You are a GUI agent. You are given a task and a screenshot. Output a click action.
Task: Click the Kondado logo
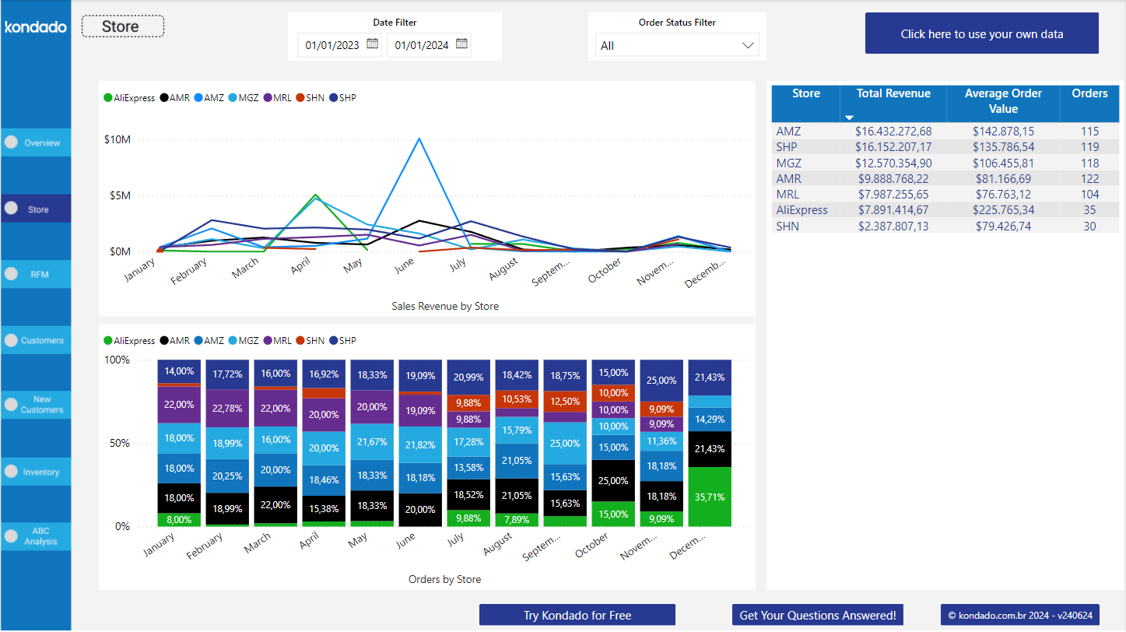36,27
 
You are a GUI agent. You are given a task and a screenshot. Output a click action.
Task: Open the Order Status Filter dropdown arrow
748,46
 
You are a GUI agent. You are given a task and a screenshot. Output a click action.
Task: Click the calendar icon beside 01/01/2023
373,44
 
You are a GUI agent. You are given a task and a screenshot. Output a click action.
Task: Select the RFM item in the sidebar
37,274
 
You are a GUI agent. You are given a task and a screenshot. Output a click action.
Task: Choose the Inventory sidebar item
37,472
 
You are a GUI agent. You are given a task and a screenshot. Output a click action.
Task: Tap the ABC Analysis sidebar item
37,536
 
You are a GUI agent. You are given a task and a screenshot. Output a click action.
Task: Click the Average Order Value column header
1003,101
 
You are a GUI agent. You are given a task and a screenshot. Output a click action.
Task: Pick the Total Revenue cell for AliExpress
893,210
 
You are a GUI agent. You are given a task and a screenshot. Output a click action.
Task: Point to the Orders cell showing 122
1089,179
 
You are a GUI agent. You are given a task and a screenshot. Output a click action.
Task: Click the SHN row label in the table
787,226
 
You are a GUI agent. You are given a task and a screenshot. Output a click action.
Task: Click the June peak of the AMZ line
419,139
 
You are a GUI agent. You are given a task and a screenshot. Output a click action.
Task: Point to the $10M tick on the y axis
117,140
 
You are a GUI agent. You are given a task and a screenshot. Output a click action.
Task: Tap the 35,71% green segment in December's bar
710,497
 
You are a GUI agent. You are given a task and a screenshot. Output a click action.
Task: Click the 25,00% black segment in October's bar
613,481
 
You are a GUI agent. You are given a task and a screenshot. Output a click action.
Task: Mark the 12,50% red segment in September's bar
565,402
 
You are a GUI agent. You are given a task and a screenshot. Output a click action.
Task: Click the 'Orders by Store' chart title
444,579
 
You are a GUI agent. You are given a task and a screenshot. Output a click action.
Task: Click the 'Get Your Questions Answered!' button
817,615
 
